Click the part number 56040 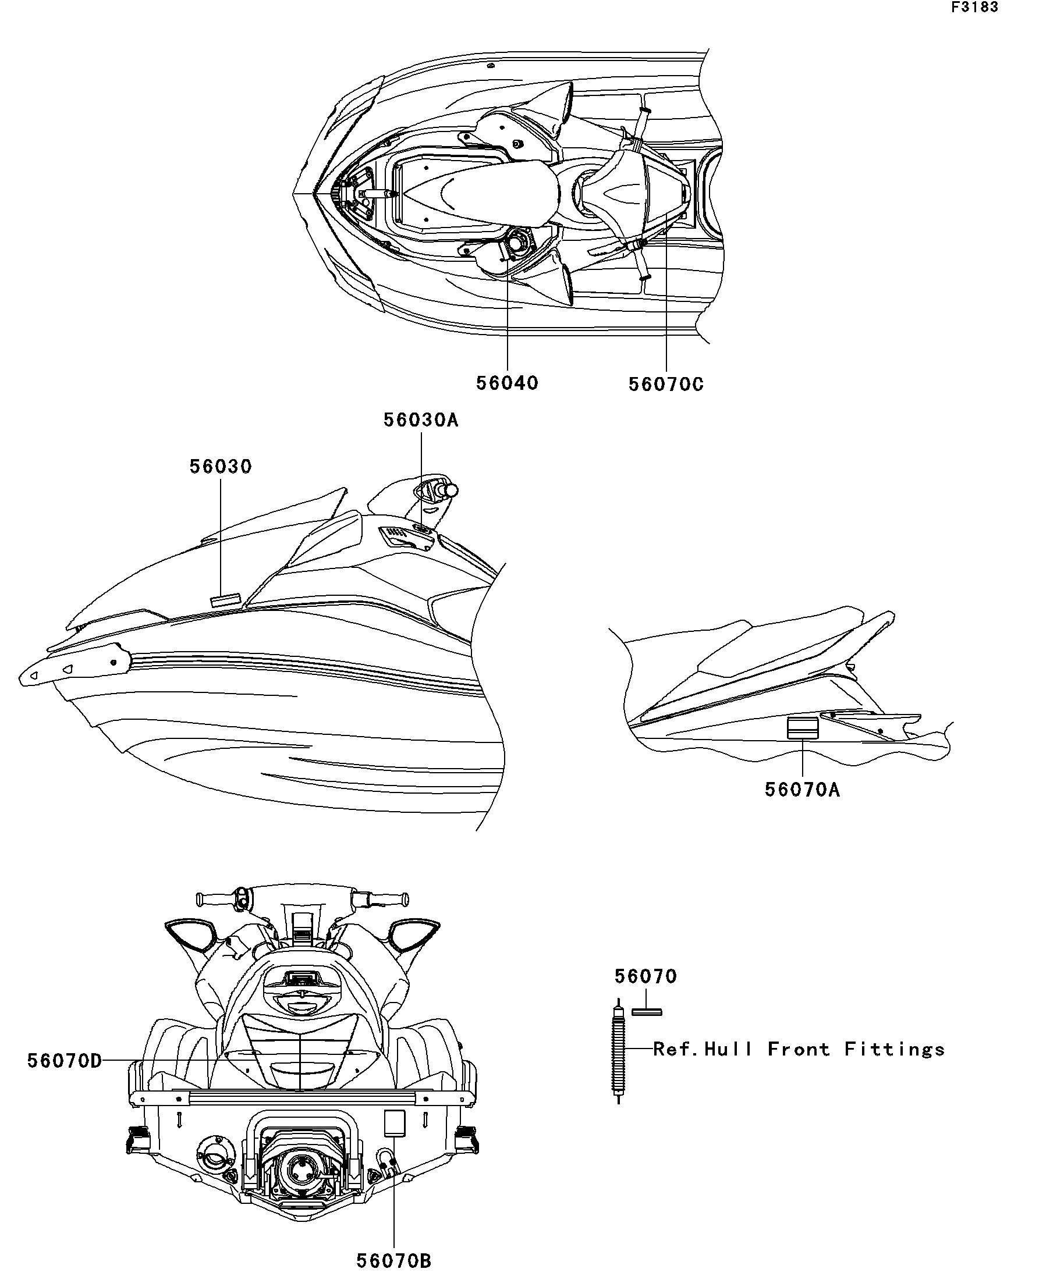[x=507, y=383]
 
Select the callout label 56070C [x=666, y=384]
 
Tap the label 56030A [x=420, y=420]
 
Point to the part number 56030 [x=220, y=466]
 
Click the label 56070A [x=803, y=790]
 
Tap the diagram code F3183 [x=974, y=8]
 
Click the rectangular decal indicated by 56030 [x=225, y=598]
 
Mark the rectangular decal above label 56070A [x=803, y=729]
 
